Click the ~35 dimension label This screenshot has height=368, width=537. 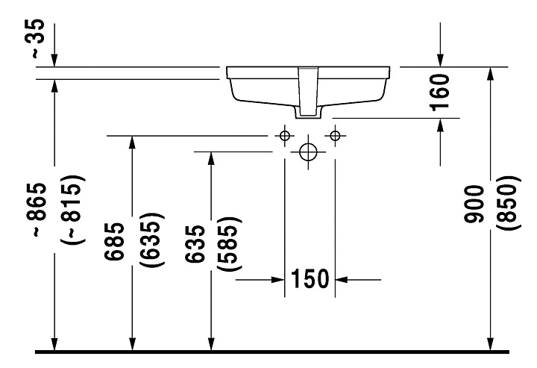point(34,39)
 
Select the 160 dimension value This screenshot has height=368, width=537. point(439,93)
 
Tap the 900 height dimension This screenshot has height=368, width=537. point(474,204)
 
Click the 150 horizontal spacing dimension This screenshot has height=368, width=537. point(310,279)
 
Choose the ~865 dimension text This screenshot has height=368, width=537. point(36,210)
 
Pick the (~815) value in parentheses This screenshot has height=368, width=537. point(72,210)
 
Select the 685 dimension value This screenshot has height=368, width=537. point(114,241)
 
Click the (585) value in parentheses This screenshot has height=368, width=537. point(230,243)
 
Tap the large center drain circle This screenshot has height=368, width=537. point(308,152)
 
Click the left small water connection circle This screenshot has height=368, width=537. point(285,136)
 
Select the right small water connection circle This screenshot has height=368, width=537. point(336,136)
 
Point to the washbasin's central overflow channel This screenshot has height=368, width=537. point(308,91)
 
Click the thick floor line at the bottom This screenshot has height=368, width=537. point(272,352)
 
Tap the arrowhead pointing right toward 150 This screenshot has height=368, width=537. point(277,280)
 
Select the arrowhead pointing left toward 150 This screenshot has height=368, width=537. point(342,280)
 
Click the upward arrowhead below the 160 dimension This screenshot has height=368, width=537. point(440,125)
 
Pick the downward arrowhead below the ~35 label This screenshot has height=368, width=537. point(54,60)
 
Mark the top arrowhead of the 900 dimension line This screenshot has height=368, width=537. point(491,74)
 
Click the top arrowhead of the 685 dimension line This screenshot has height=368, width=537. point(132,143)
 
